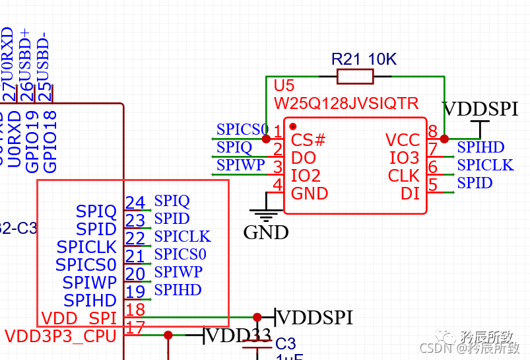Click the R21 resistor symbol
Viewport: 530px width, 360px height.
point(355,77)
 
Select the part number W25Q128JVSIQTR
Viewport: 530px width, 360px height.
point(346,104)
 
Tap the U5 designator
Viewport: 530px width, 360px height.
point(284,87)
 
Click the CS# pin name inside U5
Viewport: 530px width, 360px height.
point(308,140)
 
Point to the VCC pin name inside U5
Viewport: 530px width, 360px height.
point(403,140)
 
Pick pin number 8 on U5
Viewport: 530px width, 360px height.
point(433,131)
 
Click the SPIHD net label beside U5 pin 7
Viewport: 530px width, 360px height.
point(480,147)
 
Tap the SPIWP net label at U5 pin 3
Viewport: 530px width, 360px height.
point(241,165)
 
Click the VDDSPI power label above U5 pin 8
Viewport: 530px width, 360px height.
point(480,109)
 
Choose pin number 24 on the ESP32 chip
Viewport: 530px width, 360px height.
point(135,203)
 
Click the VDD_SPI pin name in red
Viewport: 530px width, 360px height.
point(79,318)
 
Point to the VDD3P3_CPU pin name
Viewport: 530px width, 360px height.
point(61,336)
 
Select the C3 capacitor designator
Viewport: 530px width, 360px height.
point(286,344)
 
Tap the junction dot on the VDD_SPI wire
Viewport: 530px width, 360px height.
point(257,318)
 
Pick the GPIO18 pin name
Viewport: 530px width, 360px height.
point(50,142)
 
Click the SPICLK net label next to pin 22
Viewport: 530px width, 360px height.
point(182,236)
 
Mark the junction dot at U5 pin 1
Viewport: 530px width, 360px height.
point(266,139)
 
